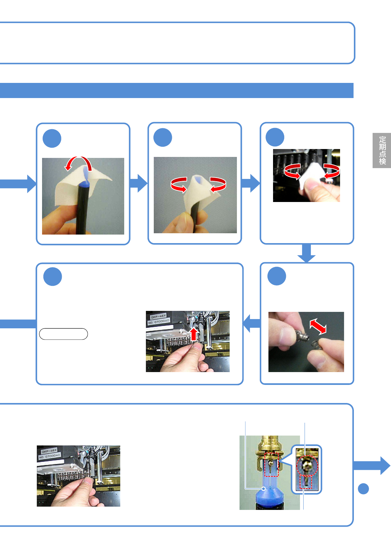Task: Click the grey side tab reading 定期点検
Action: coord(382,150)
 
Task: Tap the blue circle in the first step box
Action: coord(52,138)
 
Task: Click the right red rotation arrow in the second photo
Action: coord(218,184)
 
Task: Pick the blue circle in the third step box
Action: coord(275,137)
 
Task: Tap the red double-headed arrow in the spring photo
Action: coord(318,326)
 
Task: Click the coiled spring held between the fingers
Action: coord(316,345)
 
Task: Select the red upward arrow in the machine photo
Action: coord(194,334)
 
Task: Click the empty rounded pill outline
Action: coord(63,334)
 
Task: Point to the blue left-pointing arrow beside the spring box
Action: coord(251,323)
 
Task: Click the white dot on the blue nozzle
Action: coord(264,489)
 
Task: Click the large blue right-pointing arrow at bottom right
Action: coord(373,466)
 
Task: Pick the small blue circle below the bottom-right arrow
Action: coord(363,489)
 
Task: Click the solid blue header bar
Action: coord(176,90)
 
